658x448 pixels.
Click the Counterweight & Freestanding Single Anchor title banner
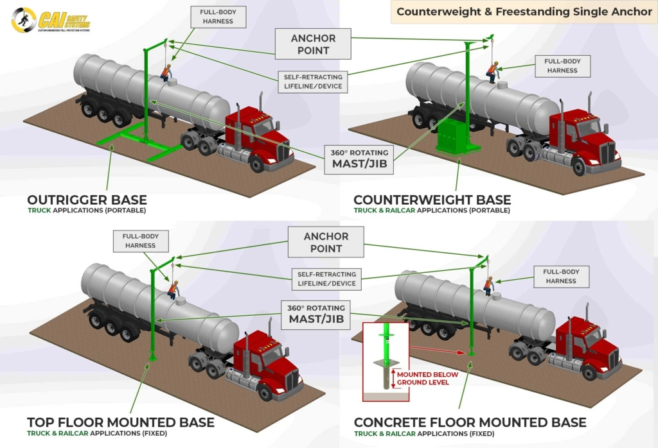click(x=524, y=12)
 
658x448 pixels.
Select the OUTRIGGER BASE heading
click(x=87, y=200)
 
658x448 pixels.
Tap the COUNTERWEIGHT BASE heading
click(x=432, y=200)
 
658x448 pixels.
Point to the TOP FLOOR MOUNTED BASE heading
click(x=120, y=422)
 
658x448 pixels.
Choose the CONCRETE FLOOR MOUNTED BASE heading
click(x=470, y=422)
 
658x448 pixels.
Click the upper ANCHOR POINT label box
click(x=313, y=44)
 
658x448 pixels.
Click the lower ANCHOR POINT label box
click(x=326, y=243)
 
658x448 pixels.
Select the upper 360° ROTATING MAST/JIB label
click(x=355, y=159)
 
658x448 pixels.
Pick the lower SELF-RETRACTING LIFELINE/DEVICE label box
click(x=326, y=279)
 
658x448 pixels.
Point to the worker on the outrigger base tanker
click(x=166, y=72)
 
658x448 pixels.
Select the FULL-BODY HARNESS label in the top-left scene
click(x=215, y=17)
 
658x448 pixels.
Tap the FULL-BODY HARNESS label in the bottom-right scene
click(x=561, y=276)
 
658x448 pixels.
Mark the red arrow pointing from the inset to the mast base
click(x=436, y=350)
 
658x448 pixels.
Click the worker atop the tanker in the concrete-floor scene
click(x=489, y=286)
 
